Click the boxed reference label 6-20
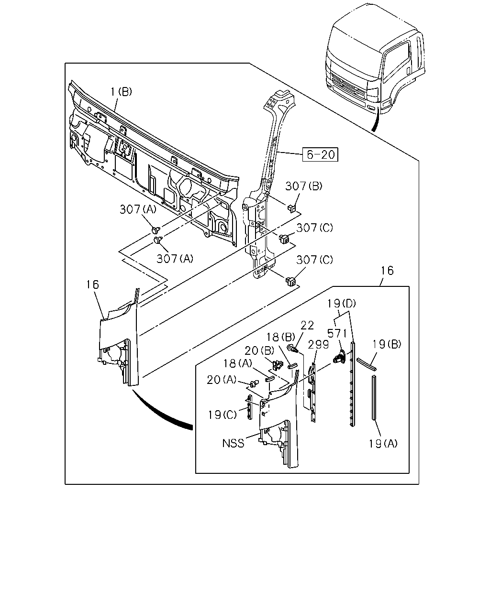(320, 154)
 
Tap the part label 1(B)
(121, 92)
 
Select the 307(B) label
(304, 186)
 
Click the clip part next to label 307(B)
(291, 208)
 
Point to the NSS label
(233, 443)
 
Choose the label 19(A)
(383, 443)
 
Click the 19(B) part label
(387, 344)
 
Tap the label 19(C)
(223, 415)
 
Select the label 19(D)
(341, 304)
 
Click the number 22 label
(307, 325)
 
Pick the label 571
(337, 333)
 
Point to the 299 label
(318, 345)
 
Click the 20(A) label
(222, 380)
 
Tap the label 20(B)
(259, 350)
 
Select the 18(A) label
(238, 363)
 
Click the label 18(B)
(281, 337)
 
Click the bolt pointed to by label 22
(292, 348)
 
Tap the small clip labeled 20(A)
(254, 383)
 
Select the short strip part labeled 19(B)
(367, 364)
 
